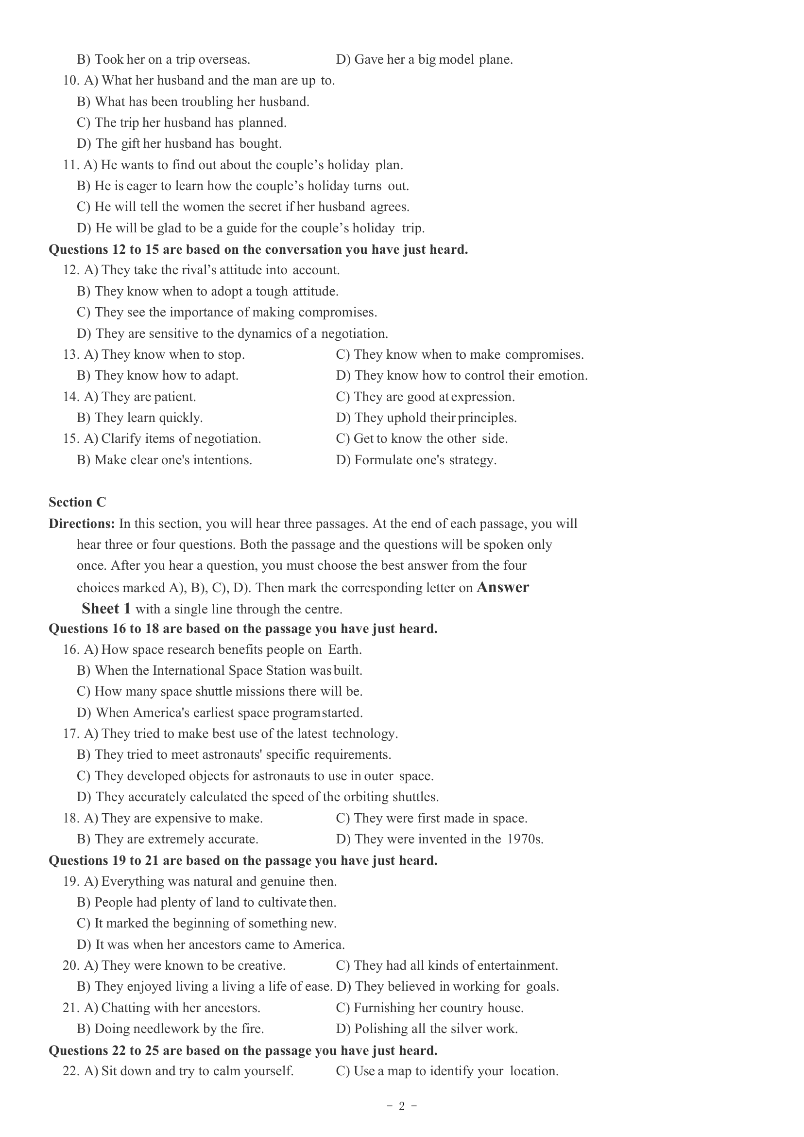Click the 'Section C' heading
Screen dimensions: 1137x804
click(77, 502)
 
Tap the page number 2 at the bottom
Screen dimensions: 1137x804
click(401, 1106)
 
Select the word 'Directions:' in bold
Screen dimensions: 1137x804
click(82, 524)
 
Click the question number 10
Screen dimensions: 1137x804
click(71, 81)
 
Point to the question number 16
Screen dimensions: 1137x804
click(71, 649)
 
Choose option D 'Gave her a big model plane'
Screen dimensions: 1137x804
click(424, 60)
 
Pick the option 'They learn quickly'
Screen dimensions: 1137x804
click(140, 418)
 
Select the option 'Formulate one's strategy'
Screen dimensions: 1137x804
click(416, 460)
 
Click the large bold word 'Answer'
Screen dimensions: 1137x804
click(502, 588)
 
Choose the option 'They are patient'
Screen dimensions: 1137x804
click(140, 397)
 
